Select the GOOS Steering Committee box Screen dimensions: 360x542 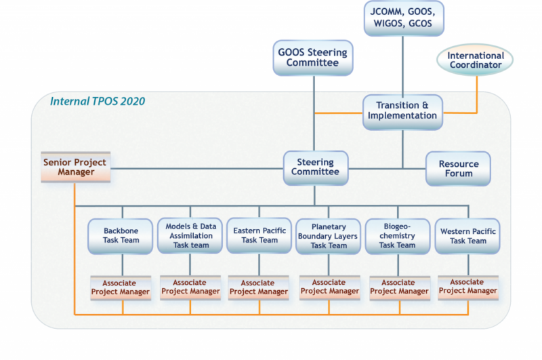[313, 58]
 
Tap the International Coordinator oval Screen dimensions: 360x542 [475, 60]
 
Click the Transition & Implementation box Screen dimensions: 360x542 [402, 111]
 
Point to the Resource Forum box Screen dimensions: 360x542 [458, 169]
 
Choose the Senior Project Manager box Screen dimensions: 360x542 [75, 167]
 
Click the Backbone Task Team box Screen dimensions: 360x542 [121, 236]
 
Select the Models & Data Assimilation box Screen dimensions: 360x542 [190, 236]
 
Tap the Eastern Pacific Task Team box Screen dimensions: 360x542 [259, 236]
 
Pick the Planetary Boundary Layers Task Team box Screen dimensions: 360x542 [329, 236]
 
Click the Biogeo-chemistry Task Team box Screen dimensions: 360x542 [397, 236]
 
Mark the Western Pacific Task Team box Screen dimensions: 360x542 [467, 236]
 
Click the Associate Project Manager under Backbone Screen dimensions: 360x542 [122, 287]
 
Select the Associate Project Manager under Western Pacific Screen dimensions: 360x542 [467, 287]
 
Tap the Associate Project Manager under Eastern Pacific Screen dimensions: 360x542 [259, 287]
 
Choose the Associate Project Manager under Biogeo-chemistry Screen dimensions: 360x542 [398, 287]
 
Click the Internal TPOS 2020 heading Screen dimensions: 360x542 [98, 102]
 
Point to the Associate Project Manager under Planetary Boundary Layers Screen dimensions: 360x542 [329, 287]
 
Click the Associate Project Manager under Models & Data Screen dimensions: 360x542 [190, 287]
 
